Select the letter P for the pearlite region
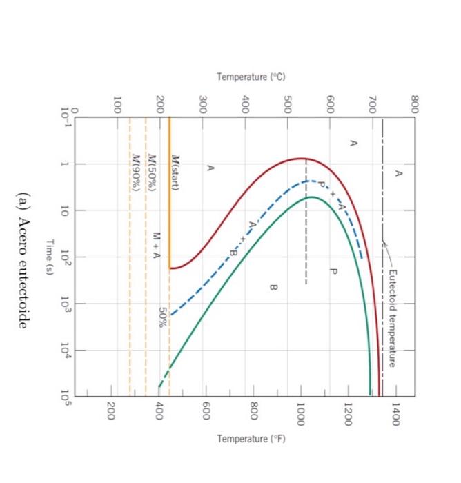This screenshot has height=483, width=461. (x=333, y=271)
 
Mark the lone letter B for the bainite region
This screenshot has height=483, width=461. (x=273, y=286)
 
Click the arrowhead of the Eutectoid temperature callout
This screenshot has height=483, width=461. (x=384, y=241)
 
